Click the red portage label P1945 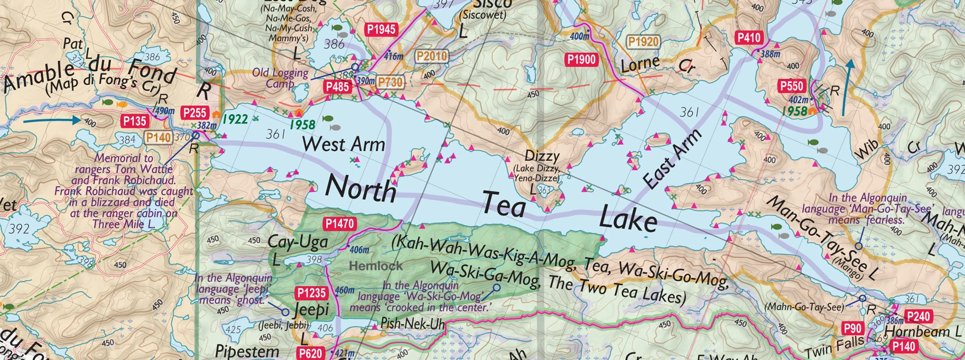(x=381, y=30)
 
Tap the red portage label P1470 (x=339, y=224)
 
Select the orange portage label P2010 (x=432, y=56)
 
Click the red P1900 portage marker (x=581, y=60)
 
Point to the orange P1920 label (x=643, y=42)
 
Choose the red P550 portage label (x=791, y=86)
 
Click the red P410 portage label (x=749, y=38)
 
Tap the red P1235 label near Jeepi (x=312, y=293)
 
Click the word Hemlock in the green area (x=376, y=266)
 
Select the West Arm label (x=344, y=144)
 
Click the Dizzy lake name (x=542, y=156)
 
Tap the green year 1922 (x=235, y=119)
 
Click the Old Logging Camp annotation (x=280, y=78)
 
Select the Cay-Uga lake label (x=298, y=243)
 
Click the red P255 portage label (x=194, y=113)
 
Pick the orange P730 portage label (x=390, y=81)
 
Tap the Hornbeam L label (x=922, y=331)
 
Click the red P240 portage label (x=917, y=317)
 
